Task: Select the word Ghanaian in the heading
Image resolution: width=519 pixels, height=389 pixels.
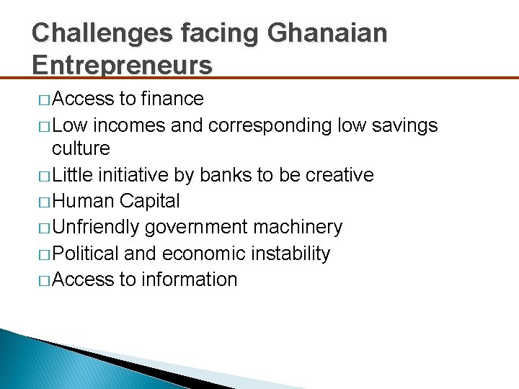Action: pyautogui.click(x=327, y=32)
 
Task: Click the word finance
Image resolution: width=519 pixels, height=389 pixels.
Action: pyautogui.click(x=173, y=99)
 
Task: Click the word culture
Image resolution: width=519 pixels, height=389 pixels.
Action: pyautogui.click(x=81, y=149)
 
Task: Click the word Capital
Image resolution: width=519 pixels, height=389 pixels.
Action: pyautogui.click(x=150, y=201)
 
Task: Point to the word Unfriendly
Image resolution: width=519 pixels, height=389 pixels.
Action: pyautogui.click(x=97, y=228)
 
